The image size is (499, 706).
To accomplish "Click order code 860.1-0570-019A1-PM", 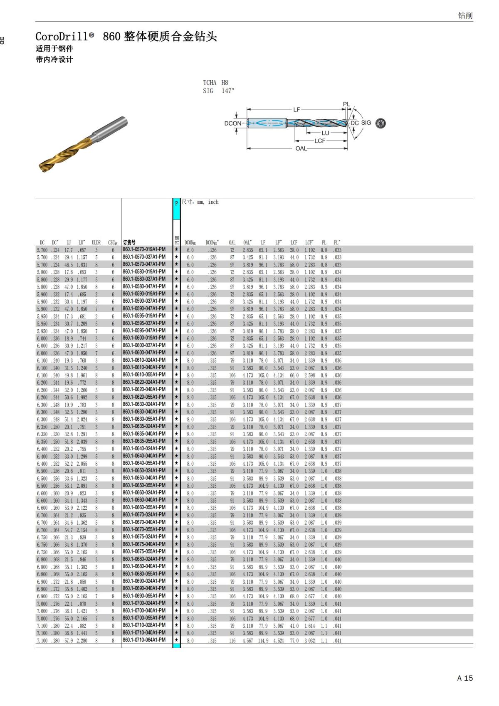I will coord(144,249).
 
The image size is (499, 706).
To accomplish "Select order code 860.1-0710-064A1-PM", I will coord(144,640).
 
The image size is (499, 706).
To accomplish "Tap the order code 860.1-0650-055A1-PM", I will coord(144,485).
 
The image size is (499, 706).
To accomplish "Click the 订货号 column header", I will coord(129,242).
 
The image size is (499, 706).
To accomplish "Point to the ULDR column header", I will coord(96,242).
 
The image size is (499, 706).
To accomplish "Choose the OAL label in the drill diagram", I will coord(301,148).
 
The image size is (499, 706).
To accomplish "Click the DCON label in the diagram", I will coord(232,123).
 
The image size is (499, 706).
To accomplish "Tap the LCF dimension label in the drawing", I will coord(319,141).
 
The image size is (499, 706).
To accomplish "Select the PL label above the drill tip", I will coord(346,104).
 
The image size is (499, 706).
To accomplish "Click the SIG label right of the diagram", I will coord(366,123).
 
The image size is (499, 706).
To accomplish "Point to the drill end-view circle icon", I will coord(380,123).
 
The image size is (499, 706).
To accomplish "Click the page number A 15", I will coord(465,678).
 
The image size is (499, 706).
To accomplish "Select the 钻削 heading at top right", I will coord(465,15).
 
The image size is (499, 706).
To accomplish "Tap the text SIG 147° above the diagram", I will coord(219,91).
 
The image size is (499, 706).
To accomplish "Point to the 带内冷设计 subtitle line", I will coord(54,59).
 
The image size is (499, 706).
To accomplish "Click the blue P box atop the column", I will coord(176,203).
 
